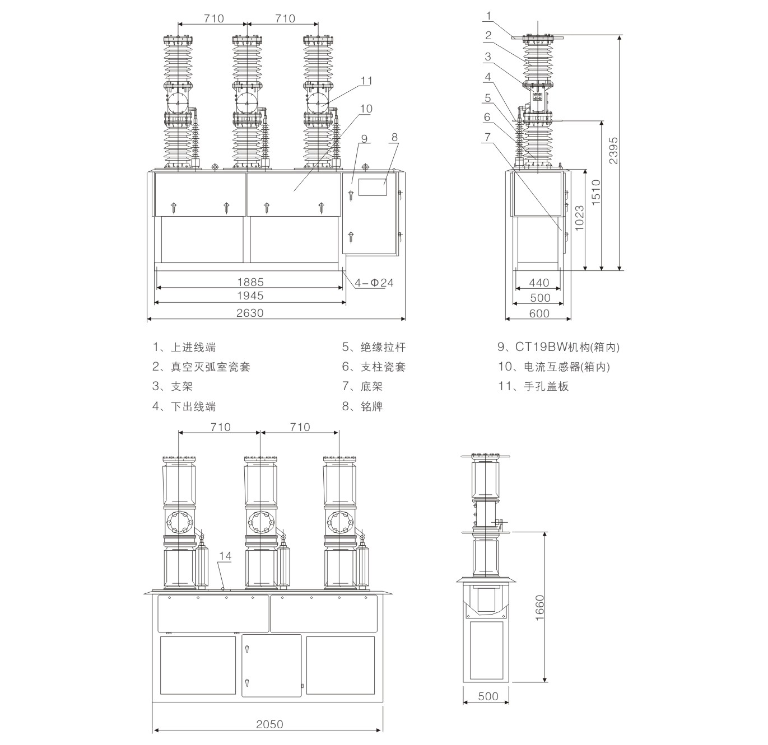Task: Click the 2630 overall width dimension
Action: coord(250,313)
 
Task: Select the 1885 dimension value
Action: coord(250,282)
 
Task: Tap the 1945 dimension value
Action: coord(250,296)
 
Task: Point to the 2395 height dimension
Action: coord(614,150)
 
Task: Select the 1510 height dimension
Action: coord(596,191)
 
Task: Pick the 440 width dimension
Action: coord(539,283)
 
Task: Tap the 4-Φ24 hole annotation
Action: coord(374,283)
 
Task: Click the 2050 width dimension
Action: coord(269,724)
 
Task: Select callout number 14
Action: coord(225,556)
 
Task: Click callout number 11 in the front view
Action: coord(366,81)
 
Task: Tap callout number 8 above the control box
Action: coord(394,137)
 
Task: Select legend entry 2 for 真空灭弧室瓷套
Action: coord(202,367)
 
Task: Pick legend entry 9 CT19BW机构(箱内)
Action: coord(558,347)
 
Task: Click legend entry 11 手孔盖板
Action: coord(533,386)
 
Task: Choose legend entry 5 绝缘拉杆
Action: coord(374,347)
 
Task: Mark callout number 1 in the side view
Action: coord(488,15)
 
